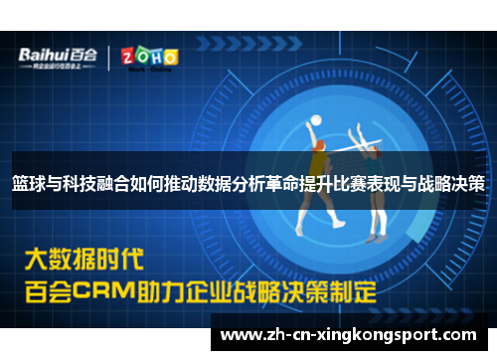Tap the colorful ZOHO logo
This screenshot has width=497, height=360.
coord(149,57)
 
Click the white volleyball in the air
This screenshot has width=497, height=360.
coord(316,120)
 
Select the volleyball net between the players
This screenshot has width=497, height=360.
coord(347,147)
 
